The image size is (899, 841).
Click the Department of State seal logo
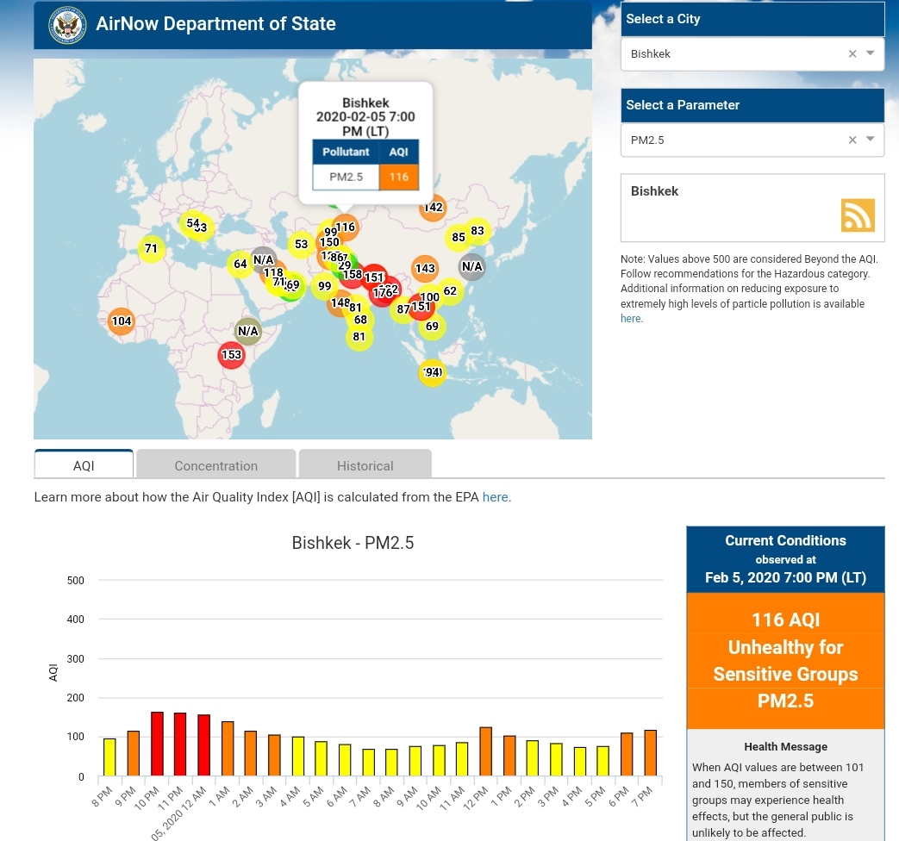[x=66, y=24]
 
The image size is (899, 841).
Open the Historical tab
[x=365, y=465]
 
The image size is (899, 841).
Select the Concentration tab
[x=215, y=465]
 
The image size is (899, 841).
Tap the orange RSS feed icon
[x=858, y=215]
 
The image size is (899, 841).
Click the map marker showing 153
[x=231, y=354]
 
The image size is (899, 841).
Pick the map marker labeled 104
[x=122, y=321]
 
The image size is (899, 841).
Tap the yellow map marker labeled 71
[x=151, y=249]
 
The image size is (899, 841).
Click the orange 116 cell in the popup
[x=398, y=178]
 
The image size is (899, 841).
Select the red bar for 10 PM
[x=157, y=744]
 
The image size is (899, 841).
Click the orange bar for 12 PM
[x=485, y=751]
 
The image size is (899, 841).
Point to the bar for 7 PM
[x=650, y=753]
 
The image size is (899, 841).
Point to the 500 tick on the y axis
[x=76, y=581]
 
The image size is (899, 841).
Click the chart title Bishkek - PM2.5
[x=353, y=543]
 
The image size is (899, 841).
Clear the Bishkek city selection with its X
[x=852, y=53]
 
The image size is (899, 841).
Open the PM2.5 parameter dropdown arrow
[x=871, y=139]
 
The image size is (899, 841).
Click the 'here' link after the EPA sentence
[x=495, y=497]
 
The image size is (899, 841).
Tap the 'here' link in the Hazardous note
[x=630, y=319]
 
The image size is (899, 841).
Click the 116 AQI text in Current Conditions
[x=785, y=620]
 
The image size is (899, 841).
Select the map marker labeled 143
[x=425, y=269]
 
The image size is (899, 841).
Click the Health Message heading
[x=785, y=746]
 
